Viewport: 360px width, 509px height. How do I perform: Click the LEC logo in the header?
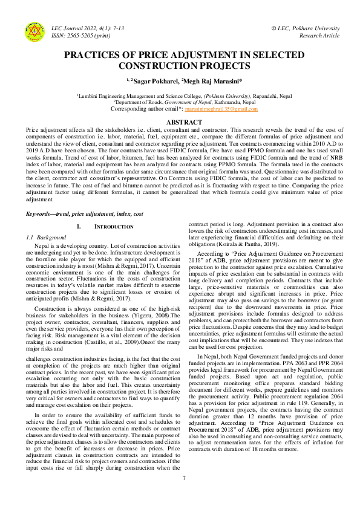coord(34,31)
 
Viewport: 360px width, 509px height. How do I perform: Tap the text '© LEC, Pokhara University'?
coord(306,28)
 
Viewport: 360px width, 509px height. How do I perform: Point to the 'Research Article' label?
coord(319,36)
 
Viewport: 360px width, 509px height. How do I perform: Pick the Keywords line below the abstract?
coord(84,215)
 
